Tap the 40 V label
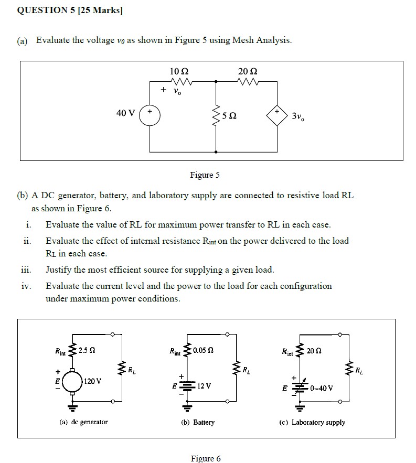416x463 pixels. (125, 113)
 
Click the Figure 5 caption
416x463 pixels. (202, 175)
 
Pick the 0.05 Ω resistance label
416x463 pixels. (202, 350)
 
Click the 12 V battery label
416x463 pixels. (205, 386)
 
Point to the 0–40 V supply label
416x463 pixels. (322, 389)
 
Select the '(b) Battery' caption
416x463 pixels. (197, 422)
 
